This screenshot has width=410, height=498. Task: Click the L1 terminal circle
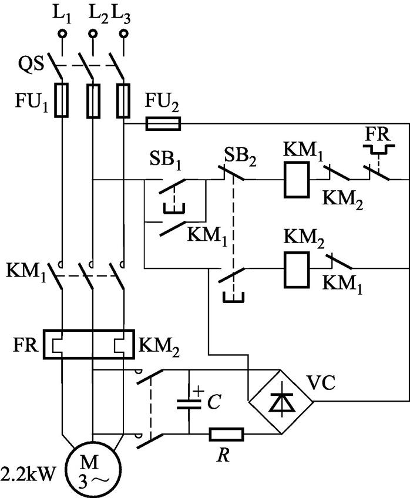click(62, 33)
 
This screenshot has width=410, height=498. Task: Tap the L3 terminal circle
click(123, 33)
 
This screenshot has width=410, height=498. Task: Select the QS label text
click(30, 65)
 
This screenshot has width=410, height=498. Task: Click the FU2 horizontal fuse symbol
click(163, 123)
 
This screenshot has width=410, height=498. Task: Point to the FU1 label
click(32, 102)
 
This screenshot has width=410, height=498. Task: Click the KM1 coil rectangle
click(297, 180)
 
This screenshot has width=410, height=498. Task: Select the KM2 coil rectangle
click(297, 270)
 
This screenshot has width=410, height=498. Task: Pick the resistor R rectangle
click(226, 434)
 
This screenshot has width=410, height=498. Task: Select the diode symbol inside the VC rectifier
click(280, 402)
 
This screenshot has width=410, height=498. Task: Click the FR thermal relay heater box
click(89, 344)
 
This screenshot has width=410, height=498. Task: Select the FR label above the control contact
click(377, 134)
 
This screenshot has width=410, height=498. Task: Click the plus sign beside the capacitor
click(198, 391)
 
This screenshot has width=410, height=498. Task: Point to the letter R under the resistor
click(224, 455)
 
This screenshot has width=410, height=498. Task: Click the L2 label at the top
click(99, 14)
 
